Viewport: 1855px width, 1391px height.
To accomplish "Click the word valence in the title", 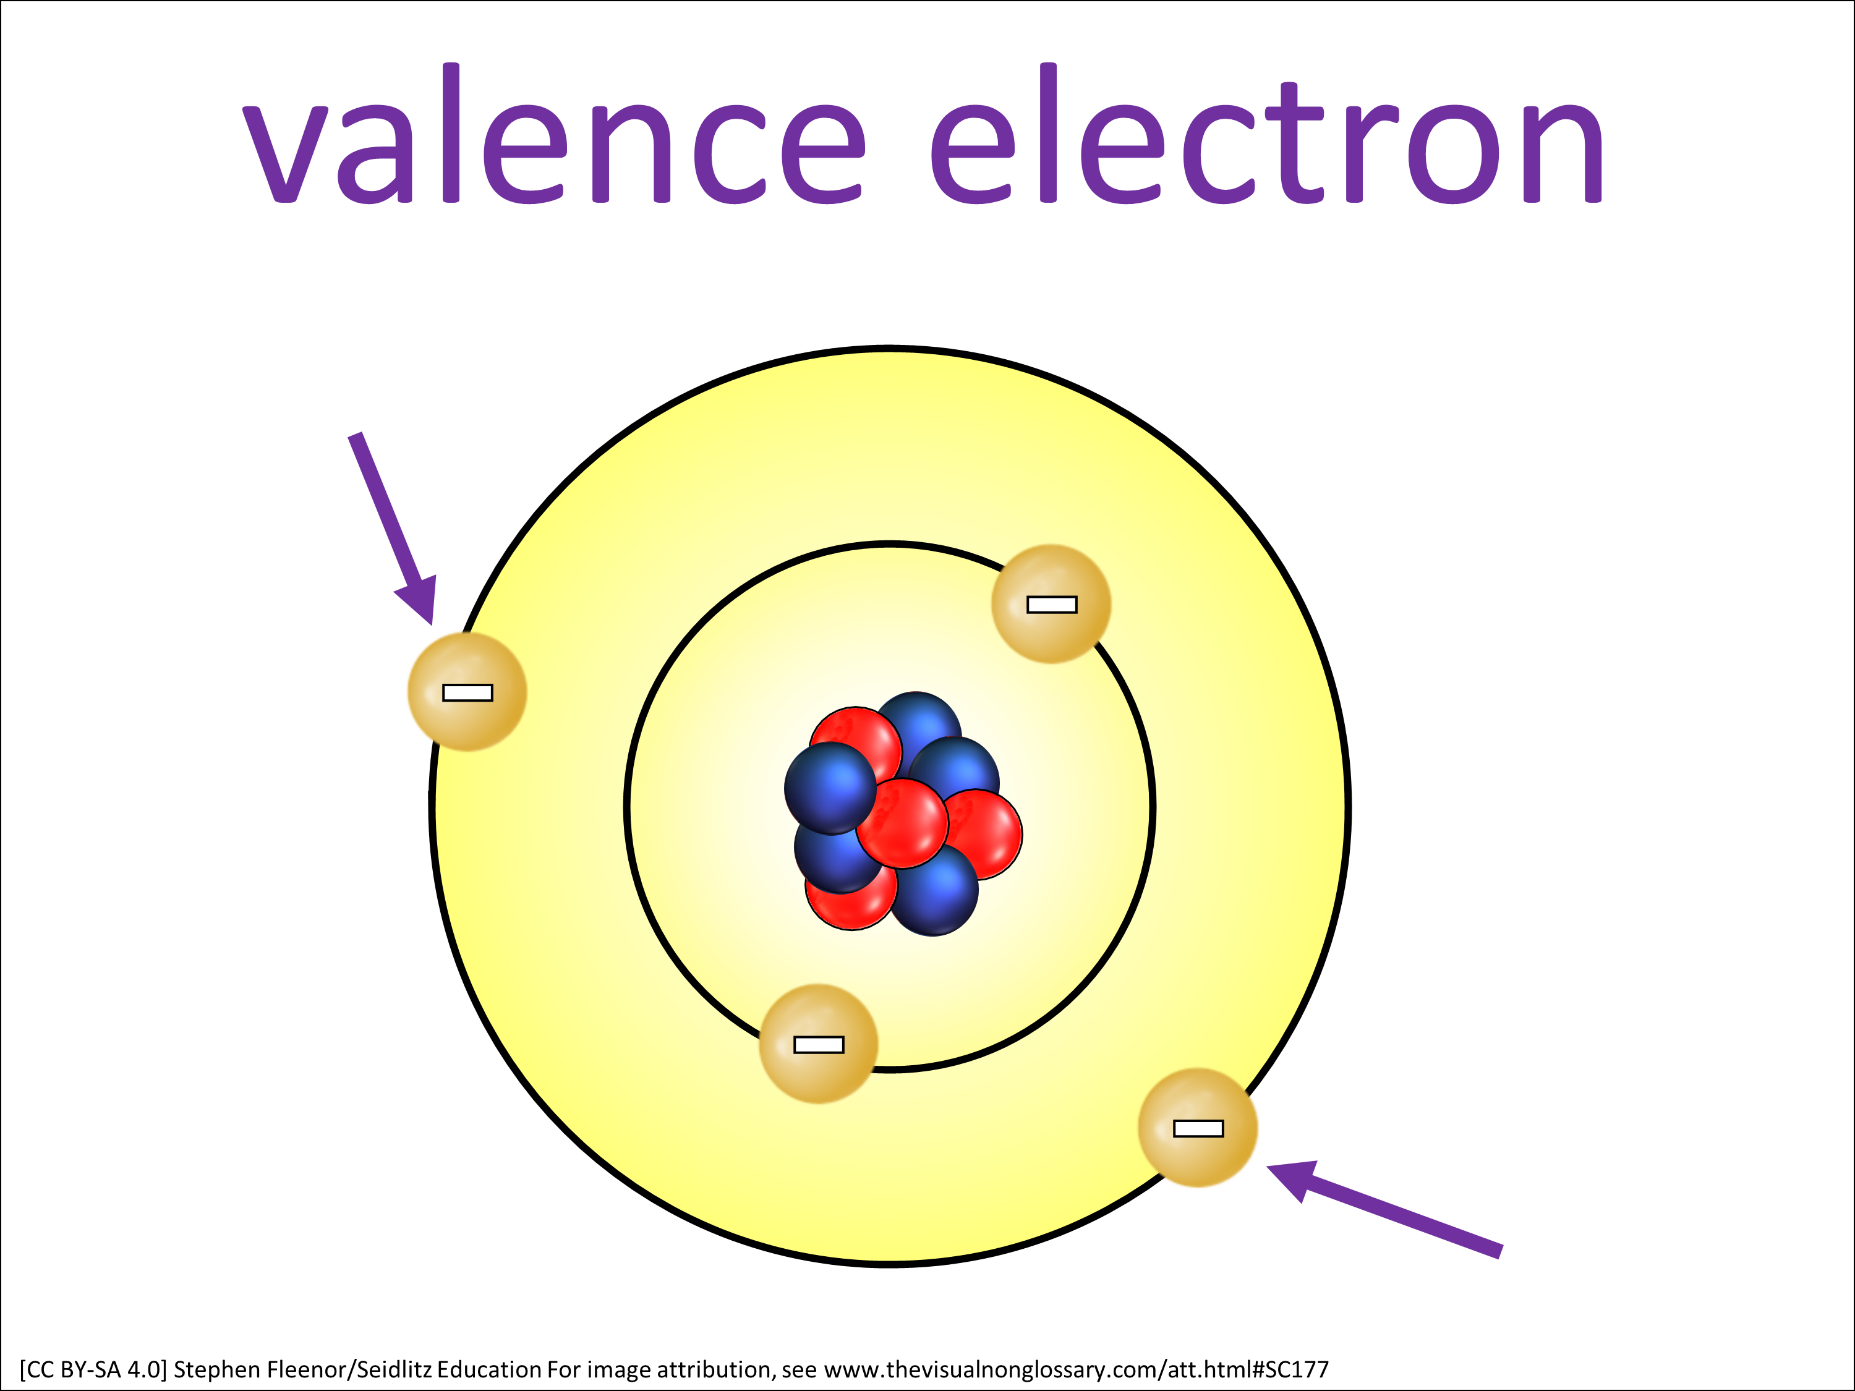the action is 553,134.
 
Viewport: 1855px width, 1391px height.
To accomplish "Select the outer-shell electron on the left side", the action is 467,692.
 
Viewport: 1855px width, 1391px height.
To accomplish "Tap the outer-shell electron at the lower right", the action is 1198,1128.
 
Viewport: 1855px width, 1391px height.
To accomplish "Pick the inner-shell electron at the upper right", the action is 1052,603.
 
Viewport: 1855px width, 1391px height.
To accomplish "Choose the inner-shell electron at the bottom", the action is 819,1044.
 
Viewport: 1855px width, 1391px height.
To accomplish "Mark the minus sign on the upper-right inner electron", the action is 1052,605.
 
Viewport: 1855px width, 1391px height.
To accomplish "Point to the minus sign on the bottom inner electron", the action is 819,1045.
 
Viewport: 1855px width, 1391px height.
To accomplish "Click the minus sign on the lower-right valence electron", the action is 1198,1128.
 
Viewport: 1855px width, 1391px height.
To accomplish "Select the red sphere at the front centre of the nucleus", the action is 902,823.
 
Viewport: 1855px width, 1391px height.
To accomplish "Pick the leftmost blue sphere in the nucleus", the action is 830,788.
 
